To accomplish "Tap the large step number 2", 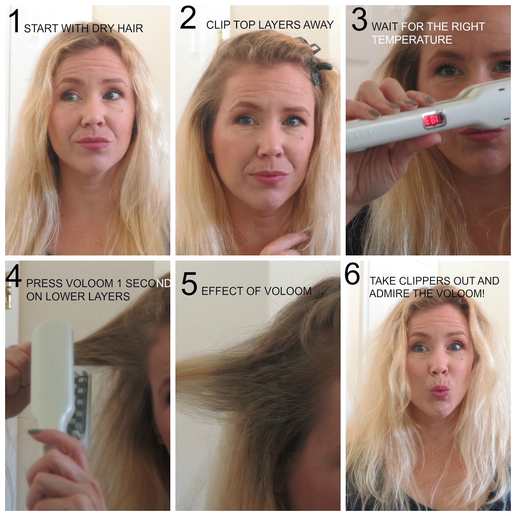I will click(x=188, y=19).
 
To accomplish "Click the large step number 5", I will click(x=189, y=284).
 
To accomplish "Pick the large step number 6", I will click(x=352, y=274).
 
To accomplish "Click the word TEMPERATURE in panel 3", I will click(x=412, y=40).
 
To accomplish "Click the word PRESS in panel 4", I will click(x=45, y=283).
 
